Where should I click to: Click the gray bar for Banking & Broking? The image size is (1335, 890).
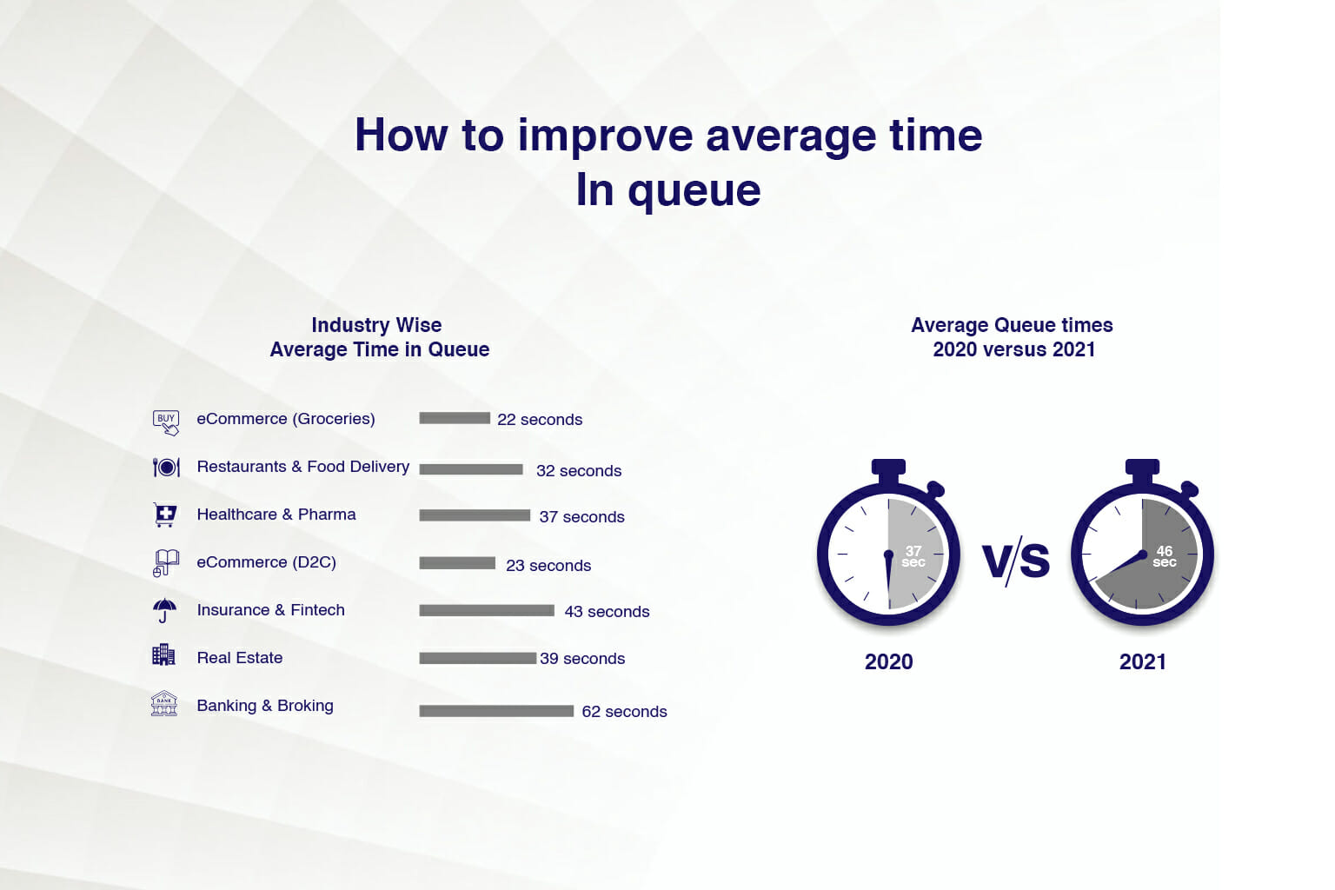point(496,711)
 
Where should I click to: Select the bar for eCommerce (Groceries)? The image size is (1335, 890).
point(455,418)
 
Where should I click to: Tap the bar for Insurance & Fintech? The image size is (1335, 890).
point(487,610)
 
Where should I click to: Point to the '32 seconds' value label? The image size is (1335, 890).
point(579,471)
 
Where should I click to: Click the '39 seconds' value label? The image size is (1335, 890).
point(582,659)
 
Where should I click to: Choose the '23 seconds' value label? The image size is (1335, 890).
point(548,566)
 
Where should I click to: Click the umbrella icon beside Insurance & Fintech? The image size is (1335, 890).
point(164,610)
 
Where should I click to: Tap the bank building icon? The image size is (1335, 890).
point(164,703)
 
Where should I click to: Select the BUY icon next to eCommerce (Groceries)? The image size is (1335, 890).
point(166,422)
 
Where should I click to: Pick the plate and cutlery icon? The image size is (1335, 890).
point(166,468)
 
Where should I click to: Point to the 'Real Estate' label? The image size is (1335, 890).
point(240,658)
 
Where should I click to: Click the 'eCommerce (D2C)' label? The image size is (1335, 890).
point(267,562)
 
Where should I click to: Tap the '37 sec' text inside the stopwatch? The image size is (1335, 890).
point(913,556)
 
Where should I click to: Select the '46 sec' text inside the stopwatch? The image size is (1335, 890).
point(1165,556)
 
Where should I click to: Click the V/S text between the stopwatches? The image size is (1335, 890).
point(1015,561)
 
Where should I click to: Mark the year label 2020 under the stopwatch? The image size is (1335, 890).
point(888,661)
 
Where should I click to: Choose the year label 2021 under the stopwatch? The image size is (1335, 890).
point(1143,661)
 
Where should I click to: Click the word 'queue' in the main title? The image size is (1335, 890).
point(694,191)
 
